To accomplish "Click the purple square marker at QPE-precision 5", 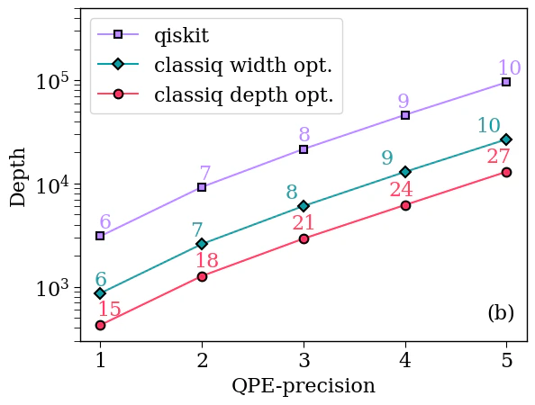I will [506, 82].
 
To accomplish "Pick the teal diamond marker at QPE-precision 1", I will [100, 293].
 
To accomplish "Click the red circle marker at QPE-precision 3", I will [304, 238].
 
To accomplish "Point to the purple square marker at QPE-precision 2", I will [202, 187].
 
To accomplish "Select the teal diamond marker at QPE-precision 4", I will [405, 171].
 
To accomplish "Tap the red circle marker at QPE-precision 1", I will [100, 325].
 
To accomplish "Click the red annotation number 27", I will [498, 157].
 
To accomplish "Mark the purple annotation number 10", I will [509, 68].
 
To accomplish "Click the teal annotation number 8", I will [291, 193].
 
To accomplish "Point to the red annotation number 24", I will [401, 190].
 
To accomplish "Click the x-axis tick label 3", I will [304, 361].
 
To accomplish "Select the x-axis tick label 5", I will [506, 361].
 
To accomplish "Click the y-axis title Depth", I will [19, 176].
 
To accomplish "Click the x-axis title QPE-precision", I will [303, 386].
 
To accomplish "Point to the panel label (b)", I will [500, 313].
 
